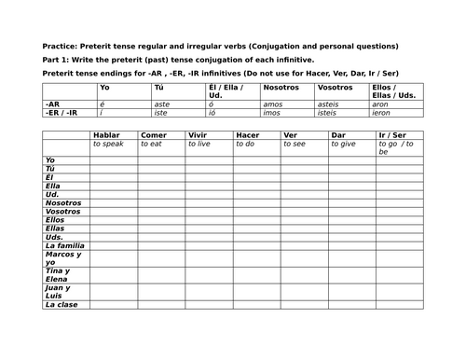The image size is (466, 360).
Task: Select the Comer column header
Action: coord(155,135)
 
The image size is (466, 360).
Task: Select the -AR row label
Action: coord(53,103)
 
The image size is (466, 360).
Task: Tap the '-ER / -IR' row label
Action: coord(60,111)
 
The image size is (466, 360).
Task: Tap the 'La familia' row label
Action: coord(63,244)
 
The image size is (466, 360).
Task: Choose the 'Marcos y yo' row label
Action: coord(63,258)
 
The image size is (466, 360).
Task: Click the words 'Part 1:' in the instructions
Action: coord(57,59)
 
